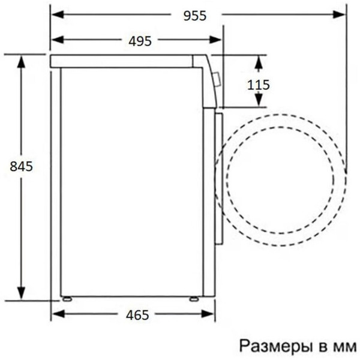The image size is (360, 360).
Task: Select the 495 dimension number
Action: point(140,41)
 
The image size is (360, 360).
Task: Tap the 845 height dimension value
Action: point(21,166)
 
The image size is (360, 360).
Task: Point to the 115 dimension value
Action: point(259,85)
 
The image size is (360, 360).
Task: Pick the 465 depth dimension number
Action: point(137,314)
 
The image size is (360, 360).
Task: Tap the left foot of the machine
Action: point(66,298)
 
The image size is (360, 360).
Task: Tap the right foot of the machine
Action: point(194,298)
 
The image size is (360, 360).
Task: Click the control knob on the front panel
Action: point(217,79)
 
